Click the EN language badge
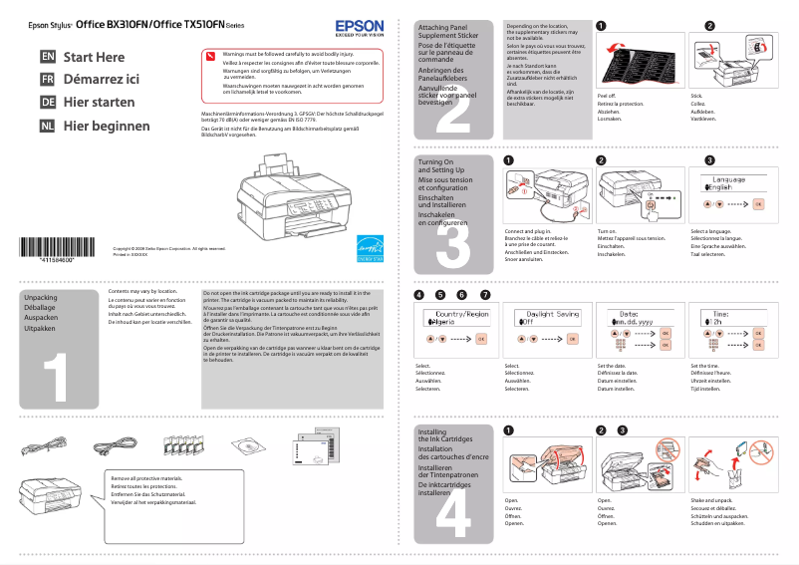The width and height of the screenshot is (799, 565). [x=48, y=58]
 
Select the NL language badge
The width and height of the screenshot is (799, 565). [x=48, y=127]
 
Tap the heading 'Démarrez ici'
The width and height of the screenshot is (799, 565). [x=100, y=80]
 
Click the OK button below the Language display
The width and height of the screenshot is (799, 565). [x=757, y=203]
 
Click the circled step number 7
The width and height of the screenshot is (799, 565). [x=485, y=295]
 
